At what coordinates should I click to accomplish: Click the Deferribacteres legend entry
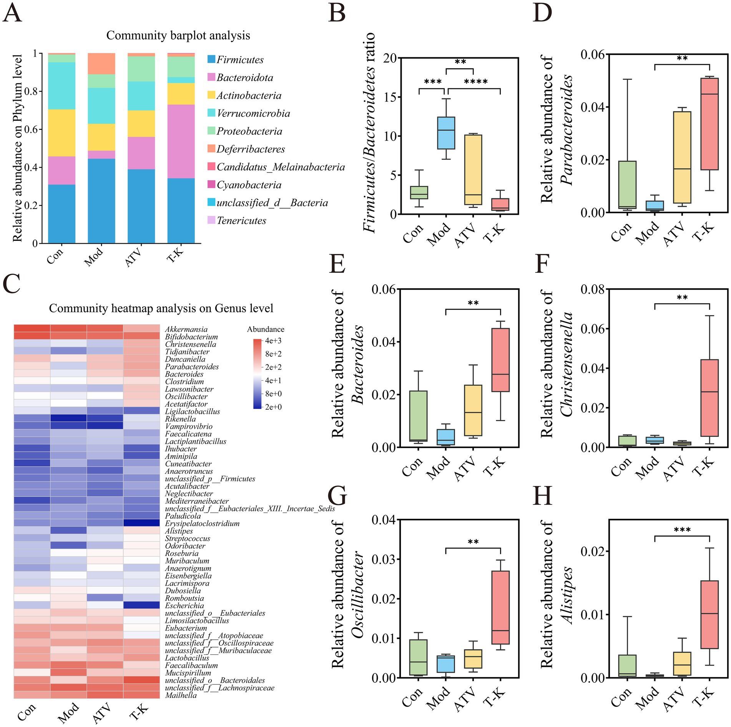tap(251, 149)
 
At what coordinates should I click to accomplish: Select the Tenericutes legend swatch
tap(211, 220)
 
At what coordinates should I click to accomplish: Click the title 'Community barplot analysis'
tap(178, 35)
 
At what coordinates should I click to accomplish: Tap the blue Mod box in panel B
tap(446, 133)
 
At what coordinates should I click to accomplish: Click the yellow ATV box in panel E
tap(473, 410)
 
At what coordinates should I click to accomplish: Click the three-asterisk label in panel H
tap(682, 530)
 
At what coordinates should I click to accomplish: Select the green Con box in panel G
tap(418, 657)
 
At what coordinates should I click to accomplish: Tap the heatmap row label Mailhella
tap(181, 695)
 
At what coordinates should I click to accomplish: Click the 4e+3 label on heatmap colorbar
tap(273, 341)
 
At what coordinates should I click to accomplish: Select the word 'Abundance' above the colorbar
tap(266, 329)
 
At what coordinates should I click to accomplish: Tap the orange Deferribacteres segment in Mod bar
tap(101, 64)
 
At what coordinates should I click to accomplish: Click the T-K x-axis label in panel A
tap(176, 256)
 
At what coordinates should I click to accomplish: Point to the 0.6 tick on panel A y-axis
tap(32, 129)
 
